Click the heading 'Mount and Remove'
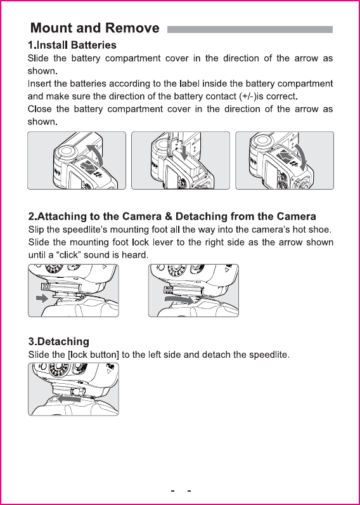click(x=94, y=28)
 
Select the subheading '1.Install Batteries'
click(x=72, y=45)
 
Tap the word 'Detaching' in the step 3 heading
click(x=63, y=341)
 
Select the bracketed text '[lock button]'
click(x=94, y=355)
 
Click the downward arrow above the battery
click(x=184, y=152)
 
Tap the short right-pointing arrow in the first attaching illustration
click(x=42, y=299)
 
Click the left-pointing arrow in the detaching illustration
click(x=70, y=399)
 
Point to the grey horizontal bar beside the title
click(x=250, y=30)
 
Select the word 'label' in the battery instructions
click(x=190, y=84)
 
